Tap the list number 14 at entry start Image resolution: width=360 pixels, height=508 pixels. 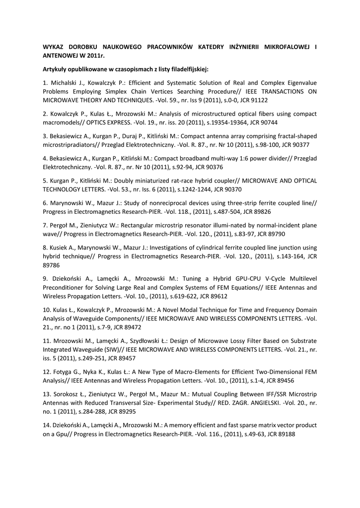tap(46, 425)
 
